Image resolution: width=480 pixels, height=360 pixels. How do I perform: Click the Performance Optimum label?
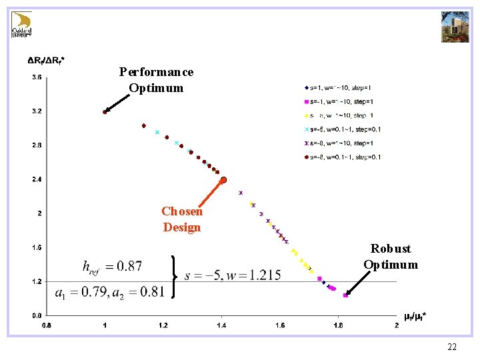pos(156,79)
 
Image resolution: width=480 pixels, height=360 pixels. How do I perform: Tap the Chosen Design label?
pos(182,219)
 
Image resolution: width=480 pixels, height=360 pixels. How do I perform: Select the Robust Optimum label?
pos(391,256)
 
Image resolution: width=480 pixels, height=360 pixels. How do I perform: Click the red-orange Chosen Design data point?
pos(224,180)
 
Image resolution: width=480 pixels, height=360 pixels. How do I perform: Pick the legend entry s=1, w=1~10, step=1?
pos(339,87)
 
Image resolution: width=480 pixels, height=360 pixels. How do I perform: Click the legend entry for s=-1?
pos(339,101)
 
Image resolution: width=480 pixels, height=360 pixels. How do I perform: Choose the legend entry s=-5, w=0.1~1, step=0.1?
pos(343,129)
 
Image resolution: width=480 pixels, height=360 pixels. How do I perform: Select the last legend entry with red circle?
pos(343,157)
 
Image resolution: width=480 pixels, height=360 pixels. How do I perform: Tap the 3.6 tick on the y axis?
pos(37,77)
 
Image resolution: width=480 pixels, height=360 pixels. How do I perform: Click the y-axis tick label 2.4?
pos(37,179)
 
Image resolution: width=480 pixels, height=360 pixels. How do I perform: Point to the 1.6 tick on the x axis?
pos(279,325)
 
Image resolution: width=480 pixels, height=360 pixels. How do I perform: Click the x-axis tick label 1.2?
pos(163,325)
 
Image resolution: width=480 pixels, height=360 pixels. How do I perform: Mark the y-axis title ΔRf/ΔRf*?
pos(46,61)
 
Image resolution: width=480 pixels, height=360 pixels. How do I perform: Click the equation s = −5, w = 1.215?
pos(233,275)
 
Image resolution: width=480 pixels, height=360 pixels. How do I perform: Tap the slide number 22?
pos(452,347)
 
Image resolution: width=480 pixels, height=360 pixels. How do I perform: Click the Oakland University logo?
pos(22,25)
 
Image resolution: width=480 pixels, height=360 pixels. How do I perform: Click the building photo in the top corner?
pos(455,27)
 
